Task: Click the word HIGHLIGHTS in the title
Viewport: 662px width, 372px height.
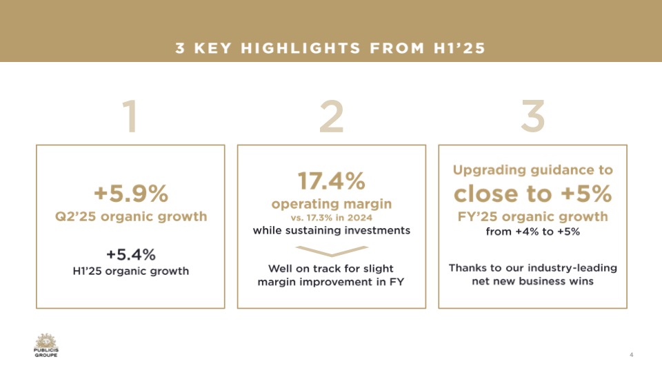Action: (x=301, y=48)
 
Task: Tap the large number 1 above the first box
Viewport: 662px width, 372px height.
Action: (x=130, y=116)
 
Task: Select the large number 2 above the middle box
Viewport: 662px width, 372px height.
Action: (x=332, y=116)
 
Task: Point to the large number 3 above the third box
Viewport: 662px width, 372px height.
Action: (x=533, y=116)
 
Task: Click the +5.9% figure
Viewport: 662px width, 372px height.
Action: (x=131, y=194)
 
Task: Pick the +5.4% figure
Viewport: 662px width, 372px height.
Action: (x=131, y=255)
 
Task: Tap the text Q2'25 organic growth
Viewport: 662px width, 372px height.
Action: (x=131, y=217)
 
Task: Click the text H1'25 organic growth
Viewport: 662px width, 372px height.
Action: (x=131, y=271)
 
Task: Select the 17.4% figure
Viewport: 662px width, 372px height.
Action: (x=332, y=181)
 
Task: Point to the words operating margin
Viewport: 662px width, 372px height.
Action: (x=332, y=204)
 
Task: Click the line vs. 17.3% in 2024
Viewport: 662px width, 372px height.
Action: (x=332, y=218)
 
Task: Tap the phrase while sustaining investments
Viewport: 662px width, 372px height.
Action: (x=332, y=230)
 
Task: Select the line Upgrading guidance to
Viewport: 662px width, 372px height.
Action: (x=533, y=170)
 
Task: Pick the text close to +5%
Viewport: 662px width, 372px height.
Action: (x=533, y=194)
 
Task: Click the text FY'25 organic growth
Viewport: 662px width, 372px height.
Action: (x=533, y=217)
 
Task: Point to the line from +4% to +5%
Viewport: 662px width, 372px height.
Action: (x=533, y=231)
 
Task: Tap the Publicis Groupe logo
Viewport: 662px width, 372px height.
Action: (x=46, y=345)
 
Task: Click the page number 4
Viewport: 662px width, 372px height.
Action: (x=631, y=355)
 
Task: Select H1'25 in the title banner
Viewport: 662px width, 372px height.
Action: (x=460, y=48)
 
